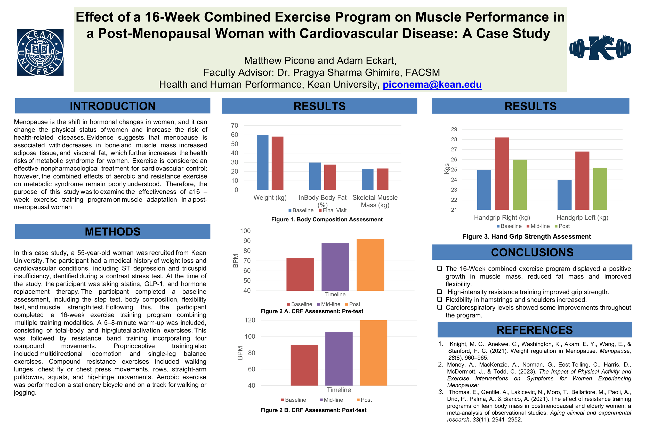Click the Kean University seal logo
40,52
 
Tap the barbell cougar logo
600,48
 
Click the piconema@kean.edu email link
432,84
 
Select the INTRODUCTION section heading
113,106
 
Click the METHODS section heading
113,231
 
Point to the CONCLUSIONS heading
532,252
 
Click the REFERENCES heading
535,330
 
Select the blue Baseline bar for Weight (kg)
262,162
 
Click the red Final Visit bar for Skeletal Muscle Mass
382,179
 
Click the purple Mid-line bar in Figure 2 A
335,266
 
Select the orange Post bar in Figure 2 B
373,353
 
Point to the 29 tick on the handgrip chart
454,129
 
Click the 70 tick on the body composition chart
235,126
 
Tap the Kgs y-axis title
447,169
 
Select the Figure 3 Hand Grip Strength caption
526,236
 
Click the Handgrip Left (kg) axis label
582,217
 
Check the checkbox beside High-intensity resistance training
440,292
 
